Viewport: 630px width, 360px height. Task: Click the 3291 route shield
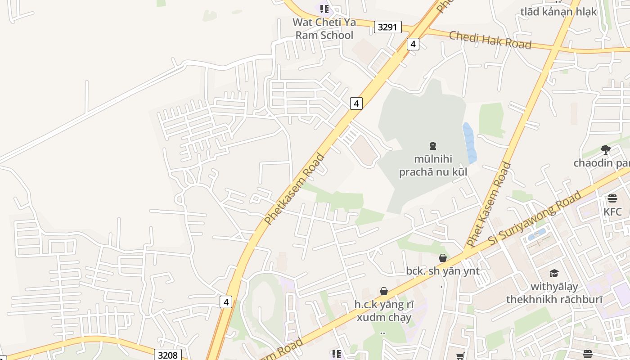(387, 27)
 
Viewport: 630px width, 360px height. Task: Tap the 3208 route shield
(167, 355)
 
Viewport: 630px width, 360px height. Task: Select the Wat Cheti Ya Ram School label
(324, 29)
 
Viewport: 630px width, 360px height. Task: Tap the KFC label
(612, 211)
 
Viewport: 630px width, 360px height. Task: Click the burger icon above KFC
(612, 198)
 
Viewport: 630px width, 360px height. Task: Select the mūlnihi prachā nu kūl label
(433, 165)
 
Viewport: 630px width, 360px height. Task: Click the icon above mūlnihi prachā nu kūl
(433, 145)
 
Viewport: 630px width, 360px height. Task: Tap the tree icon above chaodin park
(606, 149)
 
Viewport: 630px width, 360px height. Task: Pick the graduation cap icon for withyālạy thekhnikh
(554, 273)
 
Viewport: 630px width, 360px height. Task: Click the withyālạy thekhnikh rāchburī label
(554, 292)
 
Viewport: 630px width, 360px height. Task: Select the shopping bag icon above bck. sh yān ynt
(443, 258)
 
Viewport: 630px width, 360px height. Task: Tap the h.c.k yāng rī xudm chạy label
(383, 310)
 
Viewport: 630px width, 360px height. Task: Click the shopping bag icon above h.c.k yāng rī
(384, 291)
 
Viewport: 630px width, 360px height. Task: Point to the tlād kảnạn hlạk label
(558, 12)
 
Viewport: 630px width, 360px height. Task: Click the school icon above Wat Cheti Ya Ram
(324, 9)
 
